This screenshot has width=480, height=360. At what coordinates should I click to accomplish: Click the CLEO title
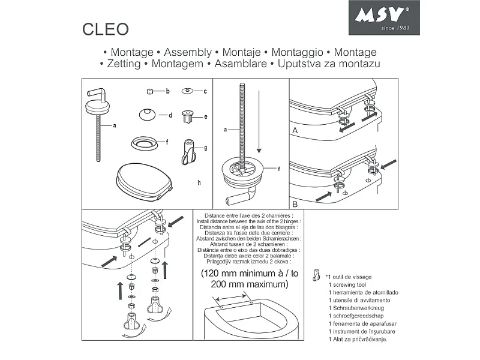tap(105, 29)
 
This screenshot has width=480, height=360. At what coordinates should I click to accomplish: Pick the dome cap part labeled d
tap(147, 115)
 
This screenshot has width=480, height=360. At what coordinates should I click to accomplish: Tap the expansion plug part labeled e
tap(187, 117)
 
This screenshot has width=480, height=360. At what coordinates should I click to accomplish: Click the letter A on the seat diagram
tap(295, 130)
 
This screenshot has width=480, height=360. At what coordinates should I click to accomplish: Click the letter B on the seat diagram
tap(295, 203)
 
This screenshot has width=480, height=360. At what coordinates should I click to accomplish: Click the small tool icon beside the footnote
tap(316, 276)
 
